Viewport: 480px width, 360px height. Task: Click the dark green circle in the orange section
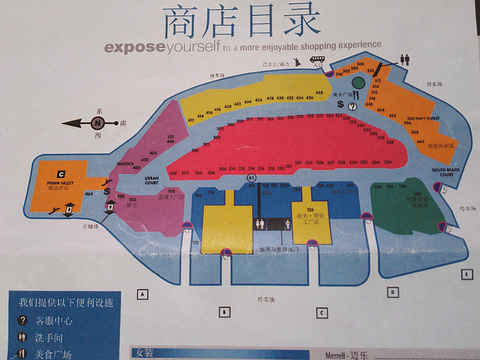[x=345, y=84]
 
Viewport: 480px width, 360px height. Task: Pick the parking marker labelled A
[x=143, y=293]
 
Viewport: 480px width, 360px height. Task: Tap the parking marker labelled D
[x=393, y=292]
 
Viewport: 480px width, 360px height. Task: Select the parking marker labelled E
[x=466, y=274]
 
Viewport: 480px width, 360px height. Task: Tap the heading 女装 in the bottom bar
[x=147, y=353]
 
